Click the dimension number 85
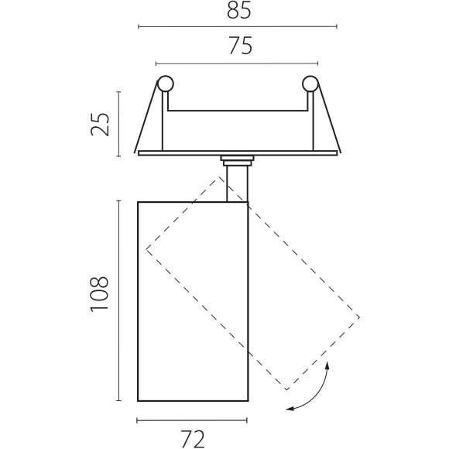[x=238, y=10]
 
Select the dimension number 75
[x=241, y=46]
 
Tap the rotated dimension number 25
[x=100, y=125]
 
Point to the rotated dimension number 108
[x=99, y=293]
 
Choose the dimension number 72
[x=194, y=439]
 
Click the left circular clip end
[x=166, y=84]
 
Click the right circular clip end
[x=310, y=84]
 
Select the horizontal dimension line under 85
[x=238, y=26]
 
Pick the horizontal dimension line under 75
[x=237, y=63]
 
